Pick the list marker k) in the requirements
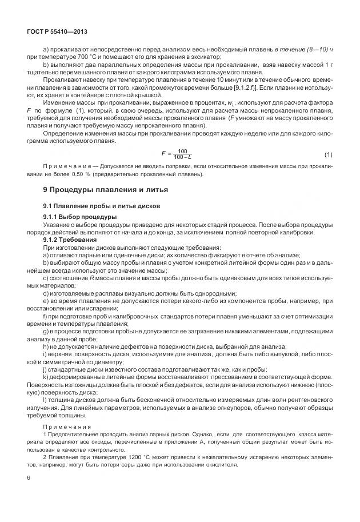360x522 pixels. [x=46, y=377]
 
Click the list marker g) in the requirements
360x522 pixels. [x=46, y=331]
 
